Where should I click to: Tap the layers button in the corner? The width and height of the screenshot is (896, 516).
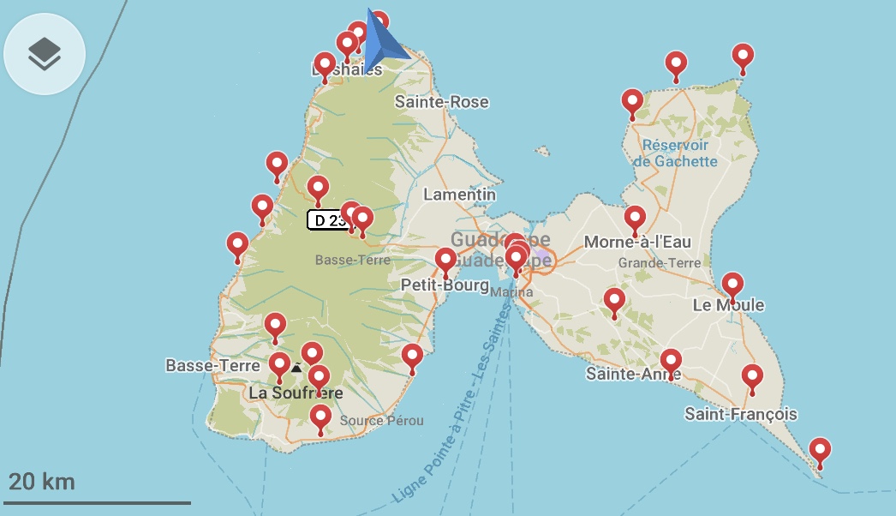tap(45, 54)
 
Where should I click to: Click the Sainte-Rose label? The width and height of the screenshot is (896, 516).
tap(441, 102)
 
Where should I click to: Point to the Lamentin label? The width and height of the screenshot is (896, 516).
tap(459, 195)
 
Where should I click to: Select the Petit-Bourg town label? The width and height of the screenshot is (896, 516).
tap(444, 285)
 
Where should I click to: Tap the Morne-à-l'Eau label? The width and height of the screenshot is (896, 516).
tap(637, 242)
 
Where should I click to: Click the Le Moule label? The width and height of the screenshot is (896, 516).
tap(728, 305)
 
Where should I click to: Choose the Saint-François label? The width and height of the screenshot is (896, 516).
tap(741, 415)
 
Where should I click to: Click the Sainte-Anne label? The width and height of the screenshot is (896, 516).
tap(633, 374)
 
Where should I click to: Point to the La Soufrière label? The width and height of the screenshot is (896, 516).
tap(296, 393)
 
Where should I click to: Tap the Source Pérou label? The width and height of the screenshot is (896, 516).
tap(381, 421)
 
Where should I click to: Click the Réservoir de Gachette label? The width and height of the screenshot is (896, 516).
tap(675, 153)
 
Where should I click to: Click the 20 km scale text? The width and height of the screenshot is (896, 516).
tap(41, 481)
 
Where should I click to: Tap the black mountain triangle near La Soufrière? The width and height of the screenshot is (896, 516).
tap(296, 368)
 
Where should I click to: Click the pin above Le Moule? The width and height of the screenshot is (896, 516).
tap(732, 286)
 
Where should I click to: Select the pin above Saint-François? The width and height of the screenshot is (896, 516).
tap(752, 377)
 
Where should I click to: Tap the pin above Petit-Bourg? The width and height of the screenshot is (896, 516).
tap(445, 261)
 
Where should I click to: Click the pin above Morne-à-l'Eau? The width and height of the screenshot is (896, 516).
tap(635, 219)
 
